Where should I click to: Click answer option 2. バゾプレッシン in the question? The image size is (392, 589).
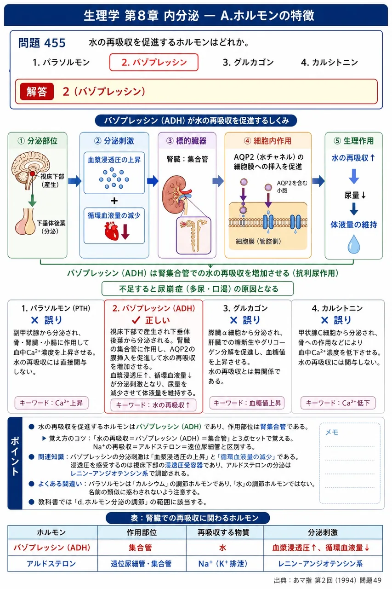click(153, 62)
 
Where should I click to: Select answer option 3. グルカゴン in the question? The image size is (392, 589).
click(248, 62)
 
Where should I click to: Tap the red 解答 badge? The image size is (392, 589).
click(37, 92)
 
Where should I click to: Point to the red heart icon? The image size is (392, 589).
click(112, 231)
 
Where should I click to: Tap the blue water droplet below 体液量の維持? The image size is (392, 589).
click(354, 244)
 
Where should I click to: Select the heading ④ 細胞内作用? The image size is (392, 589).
click(268, 141)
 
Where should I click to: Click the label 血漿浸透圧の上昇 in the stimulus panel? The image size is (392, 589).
click(114, 160)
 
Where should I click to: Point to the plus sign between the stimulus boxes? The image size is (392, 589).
click(114, 201)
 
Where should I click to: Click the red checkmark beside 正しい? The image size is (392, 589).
click(136, 320)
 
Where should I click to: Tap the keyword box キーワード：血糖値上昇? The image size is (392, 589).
click(247, 403)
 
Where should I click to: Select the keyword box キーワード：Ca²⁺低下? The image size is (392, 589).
click(338, 403)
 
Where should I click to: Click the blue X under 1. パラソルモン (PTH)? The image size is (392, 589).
click(34, 320)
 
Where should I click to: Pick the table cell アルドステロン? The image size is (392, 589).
click(51, 564)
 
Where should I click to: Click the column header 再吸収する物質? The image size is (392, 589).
click(223, 532)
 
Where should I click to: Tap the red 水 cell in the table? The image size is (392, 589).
click(222, 548)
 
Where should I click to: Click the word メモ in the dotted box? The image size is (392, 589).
click(332, 432)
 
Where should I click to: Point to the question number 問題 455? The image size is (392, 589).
click(42, 43)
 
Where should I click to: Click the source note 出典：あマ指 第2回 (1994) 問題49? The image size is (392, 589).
click(327, 580)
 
